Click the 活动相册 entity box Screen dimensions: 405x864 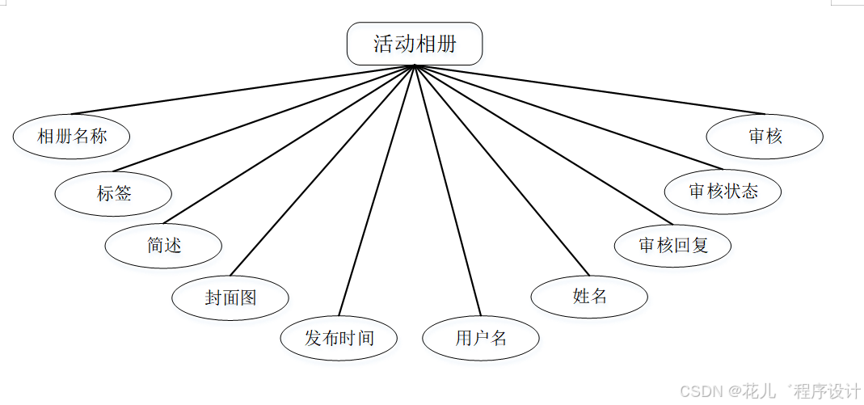415,44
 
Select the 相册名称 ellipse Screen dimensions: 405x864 72,136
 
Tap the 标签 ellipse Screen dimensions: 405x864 114,194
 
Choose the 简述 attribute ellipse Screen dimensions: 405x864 164,246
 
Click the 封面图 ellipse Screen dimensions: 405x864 230,297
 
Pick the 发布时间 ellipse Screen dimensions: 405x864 339,338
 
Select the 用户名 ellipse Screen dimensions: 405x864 481,338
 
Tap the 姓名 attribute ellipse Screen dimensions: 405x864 589,297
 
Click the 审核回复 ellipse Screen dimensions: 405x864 673,246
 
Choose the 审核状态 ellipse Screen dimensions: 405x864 723,192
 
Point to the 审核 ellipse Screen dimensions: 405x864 765,136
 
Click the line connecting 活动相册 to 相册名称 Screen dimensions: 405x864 242,90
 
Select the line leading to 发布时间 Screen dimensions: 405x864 377,190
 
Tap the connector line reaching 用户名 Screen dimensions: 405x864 448,190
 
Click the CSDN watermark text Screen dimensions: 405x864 700,391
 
